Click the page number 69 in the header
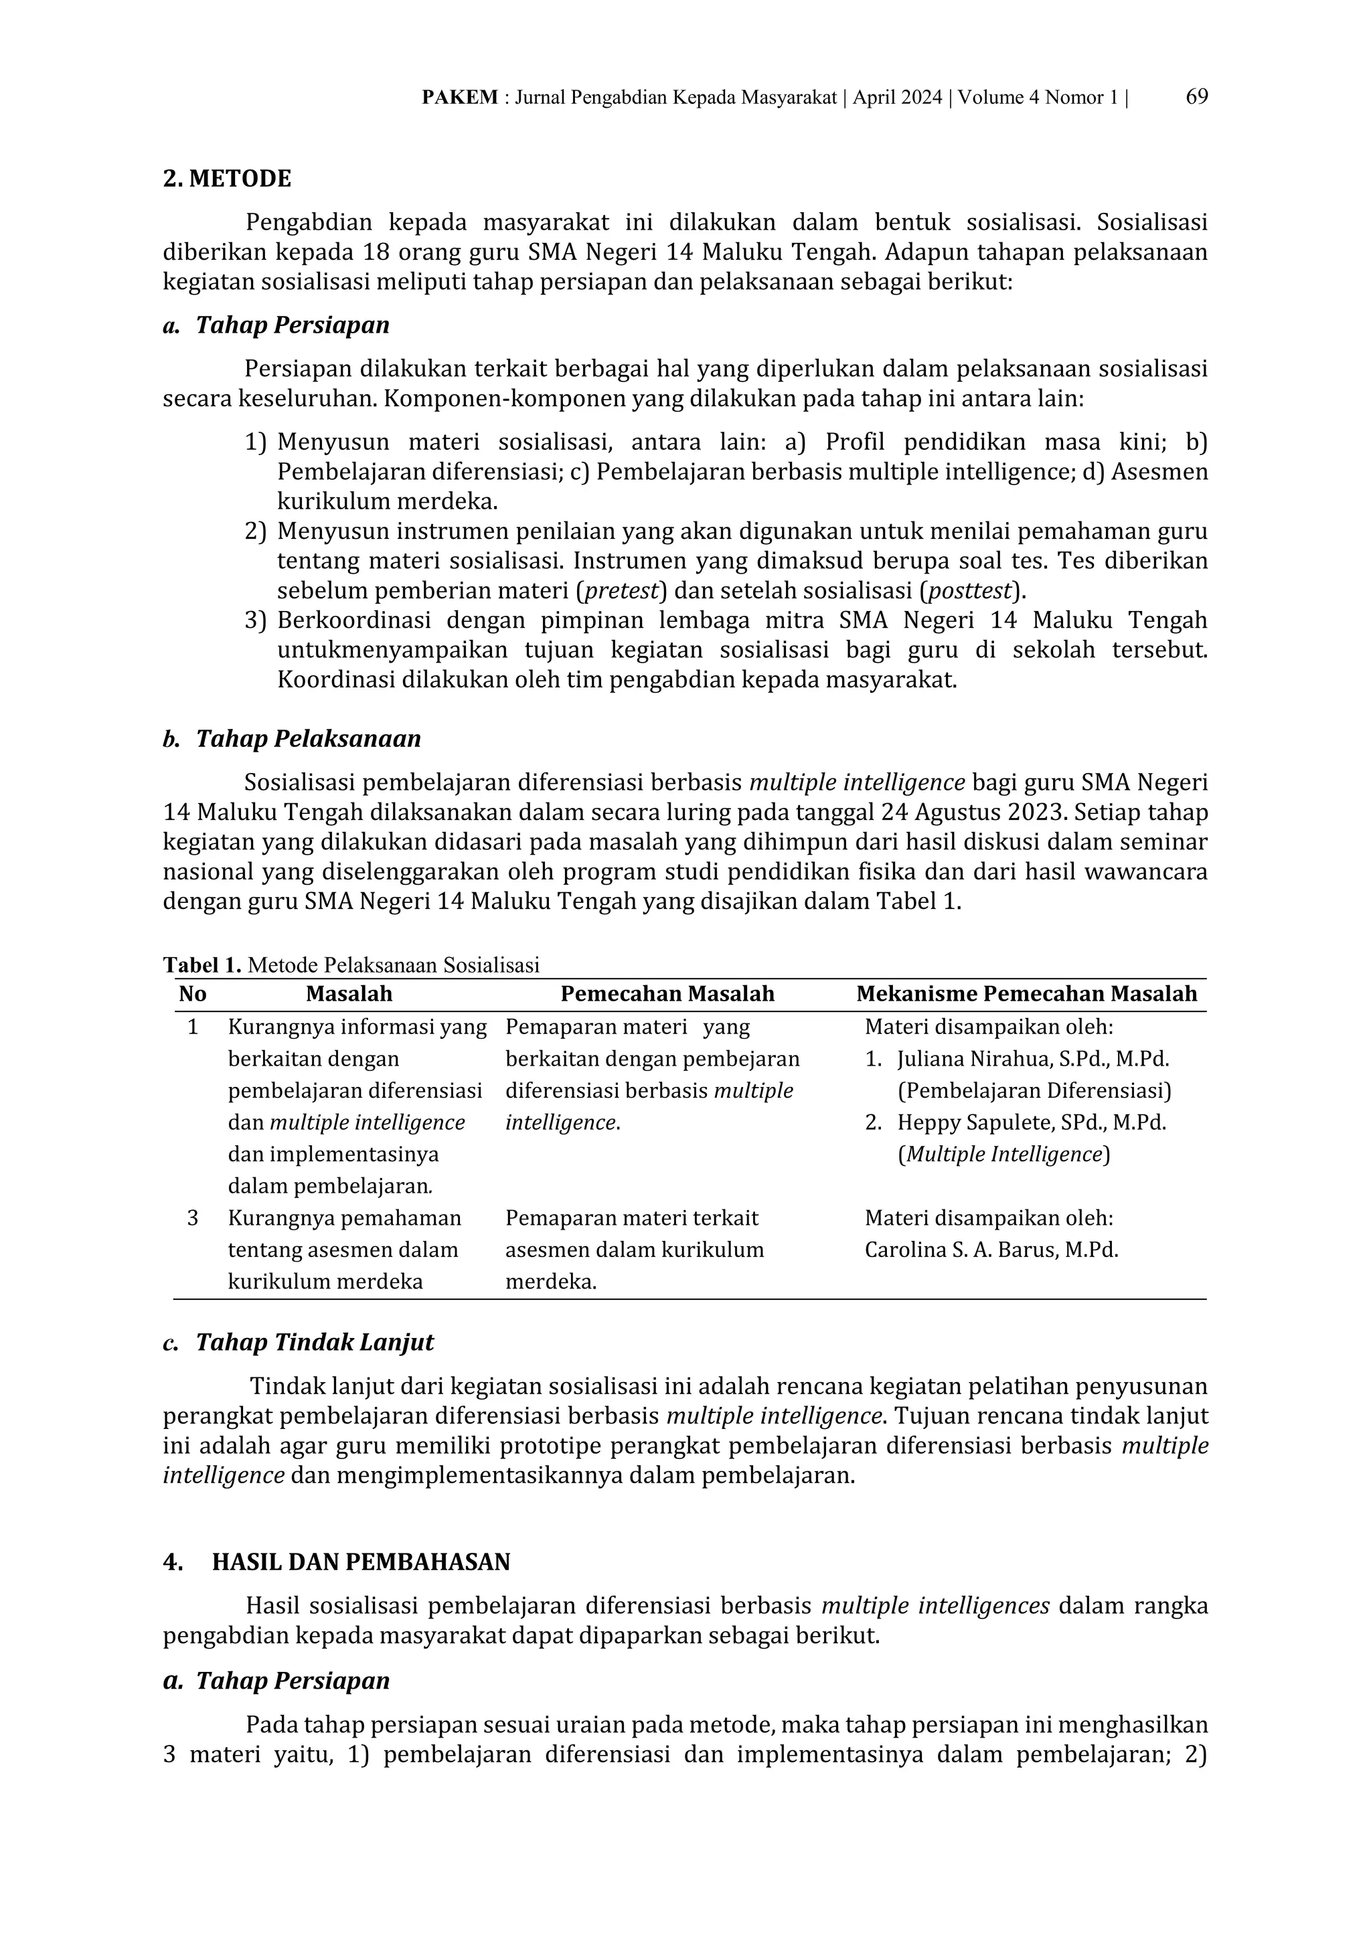coord(1196,97)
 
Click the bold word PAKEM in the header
coord(459,98)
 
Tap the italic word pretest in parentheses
coord(620,590)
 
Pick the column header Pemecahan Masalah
coord(667,994)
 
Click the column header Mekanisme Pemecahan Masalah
coord(1026,994)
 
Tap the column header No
coord(193,994)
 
